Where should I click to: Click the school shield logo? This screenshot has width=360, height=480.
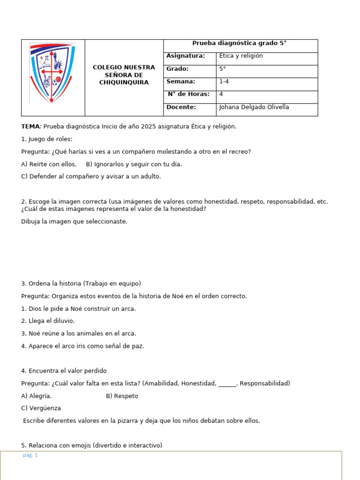[52, 73]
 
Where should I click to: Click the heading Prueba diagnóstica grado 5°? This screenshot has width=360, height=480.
[240, 43]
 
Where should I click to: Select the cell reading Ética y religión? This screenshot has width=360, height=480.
[241, 56]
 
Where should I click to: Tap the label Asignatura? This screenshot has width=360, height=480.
[186, 56]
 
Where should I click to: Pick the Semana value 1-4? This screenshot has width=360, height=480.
[224, 82]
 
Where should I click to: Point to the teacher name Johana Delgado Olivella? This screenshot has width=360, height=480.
[254, 107]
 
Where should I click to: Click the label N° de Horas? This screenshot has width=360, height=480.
[189, 94]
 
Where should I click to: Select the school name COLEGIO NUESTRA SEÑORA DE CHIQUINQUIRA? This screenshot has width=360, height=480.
[124, 75]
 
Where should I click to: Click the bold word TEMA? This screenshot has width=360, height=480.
[30, 127]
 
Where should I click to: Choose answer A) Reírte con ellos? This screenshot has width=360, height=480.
[49, 164]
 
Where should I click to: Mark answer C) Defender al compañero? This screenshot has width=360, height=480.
[91, 177]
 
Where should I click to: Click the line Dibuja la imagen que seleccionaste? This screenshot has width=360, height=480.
[74, 222]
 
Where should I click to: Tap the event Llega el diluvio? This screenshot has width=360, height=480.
[48, 321]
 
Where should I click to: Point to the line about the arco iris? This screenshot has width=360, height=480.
[82, 346]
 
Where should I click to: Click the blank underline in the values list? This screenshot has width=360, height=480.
[227, 384]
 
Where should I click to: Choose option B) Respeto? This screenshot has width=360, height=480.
[122, 396]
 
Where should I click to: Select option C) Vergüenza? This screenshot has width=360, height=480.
[41, 408]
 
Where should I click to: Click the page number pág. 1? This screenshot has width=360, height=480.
[30, 455]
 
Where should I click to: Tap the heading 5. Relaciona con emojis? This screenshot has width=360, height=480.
[91, 445]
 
